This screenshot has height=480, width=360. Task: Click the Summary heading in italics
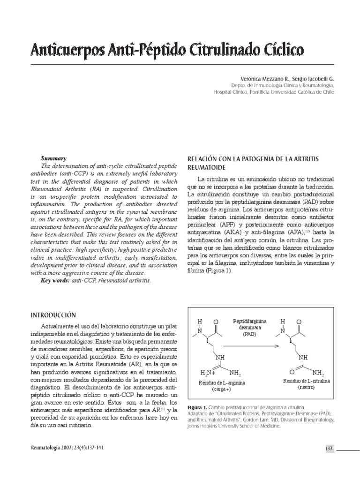pos(54,158)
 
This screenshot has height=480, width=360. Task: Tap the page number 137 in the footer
pos(329,448)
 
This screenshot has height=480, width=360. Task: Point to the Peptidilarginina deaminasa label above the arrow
pos(250,327)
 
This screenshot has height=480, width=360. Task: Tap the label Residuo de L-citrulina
pos(307,381)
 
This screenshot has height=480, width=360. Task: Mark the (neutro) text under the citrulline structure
pos(307,388)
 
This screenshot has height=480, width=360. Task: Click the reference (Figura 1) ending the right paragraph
pos(208,271)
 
